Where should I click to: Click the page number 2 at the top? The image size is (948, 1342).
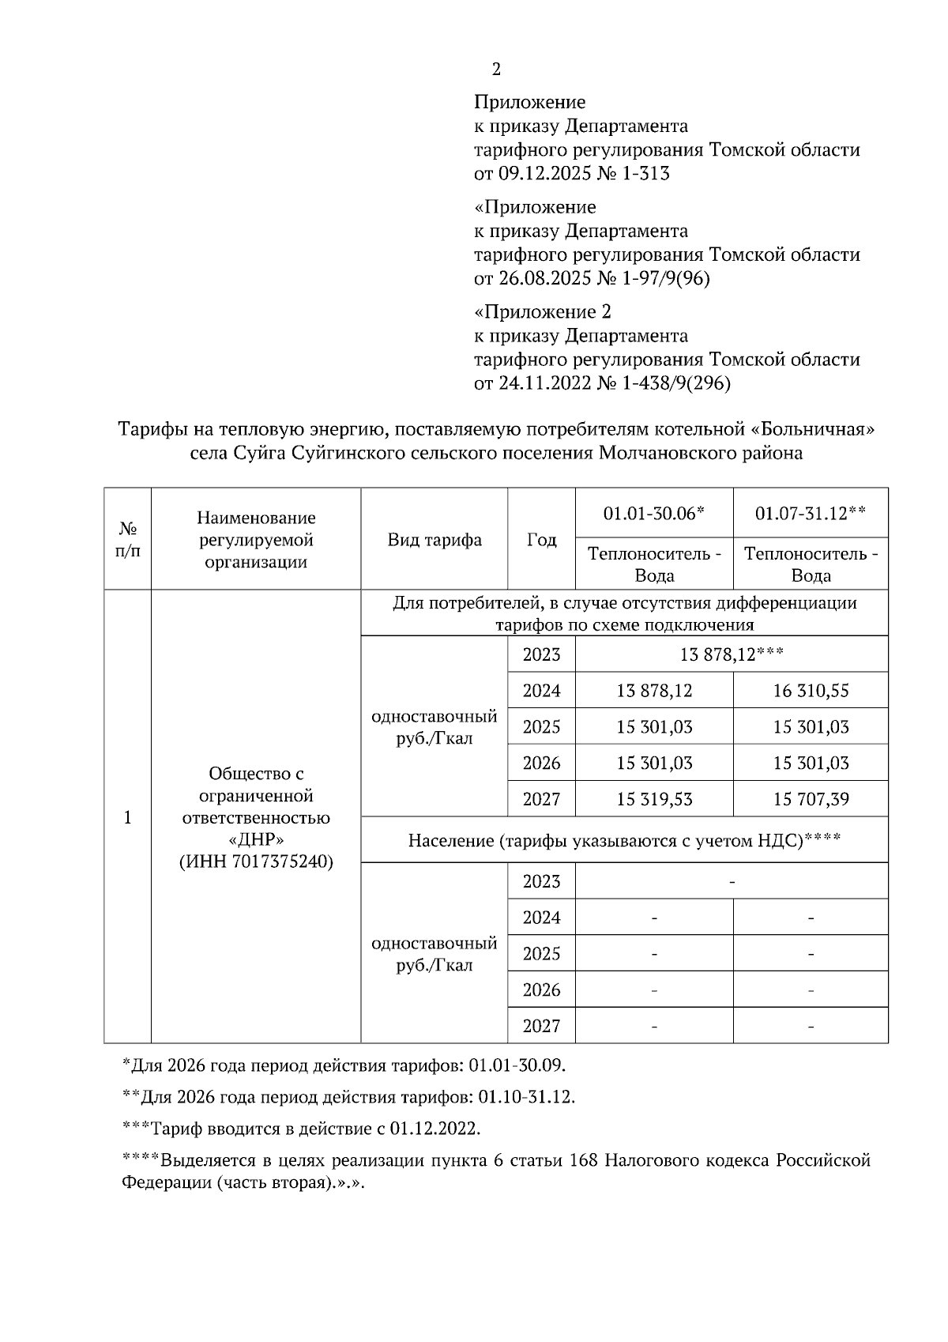(x=495, y=70)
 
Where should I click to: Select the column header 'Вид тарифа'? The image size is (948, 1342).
(x=434, y=541)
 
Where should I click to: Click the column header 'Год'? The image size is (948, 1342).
(x=541, y=541)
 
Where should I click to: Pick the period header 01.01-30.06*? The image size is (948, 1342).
(x=653, y=514)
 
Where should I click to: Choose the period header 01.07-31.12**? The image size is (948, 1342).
(x=811, y=514)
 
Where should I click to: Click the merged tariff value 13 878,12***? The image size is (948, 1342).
(x=732, y=654)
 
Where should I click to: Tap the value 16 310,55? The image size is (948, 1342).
(x=811, y=691)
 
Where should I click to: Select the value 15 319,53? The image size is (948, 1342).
(x=654, y=800)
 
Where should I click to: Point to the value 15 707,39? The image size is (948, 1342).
(x=811, y=800)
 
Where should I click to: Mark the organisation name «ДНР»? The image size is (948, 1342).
(x=256, y=839)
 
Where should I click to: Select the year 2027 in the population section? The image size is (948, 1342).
(x=541, y=1026)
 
